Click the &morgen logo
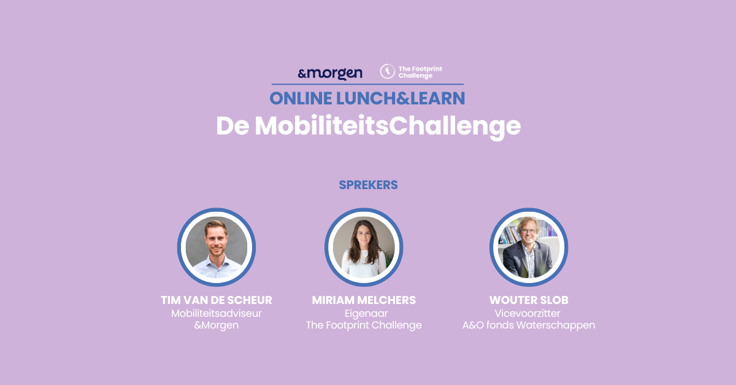click(330, 74)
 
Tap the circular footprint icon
click(388, 71)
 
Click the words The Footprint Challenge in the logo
click(420, 72)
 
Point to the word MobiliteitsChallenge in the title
click(388, 127)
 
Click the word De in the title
click(232, 126)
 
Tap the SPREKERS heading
click(369, 185)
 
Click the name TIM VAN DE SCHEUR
click(216, 300)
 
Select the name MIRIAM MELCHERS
click(364, 300)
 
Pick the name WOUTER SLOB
click(529, 300)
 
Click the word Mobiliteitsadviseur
click(216, 313)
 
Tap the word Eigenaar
click(366, 314)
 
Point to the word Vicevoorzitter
click(527, 313)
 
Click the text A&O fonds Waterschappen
click(529, 325)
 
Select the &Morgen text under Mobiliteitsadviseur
click(216, 325)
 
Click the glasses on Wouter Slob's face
click(529, 231)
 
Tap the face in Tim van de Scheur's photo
click(216, 239)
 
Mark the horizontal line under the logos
click(367, 85)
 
